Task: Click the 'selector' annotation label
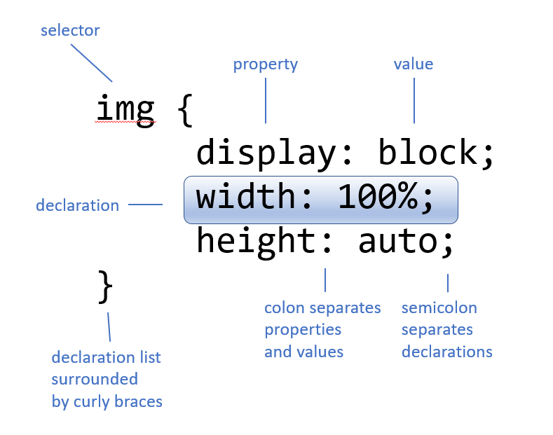(70, 31)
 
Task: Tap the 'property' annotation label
(266, 64)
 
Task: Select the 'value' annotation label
(414, 64)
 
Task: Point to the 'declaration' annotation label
(77, 205)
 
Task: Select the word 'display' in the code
(265, 153)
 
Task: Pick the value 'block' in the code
(428, 153)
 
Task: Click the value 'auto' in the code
(397, 242)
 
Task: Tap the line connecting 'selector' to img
(91, 62)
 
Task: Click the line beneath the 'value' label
(414, 99)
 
